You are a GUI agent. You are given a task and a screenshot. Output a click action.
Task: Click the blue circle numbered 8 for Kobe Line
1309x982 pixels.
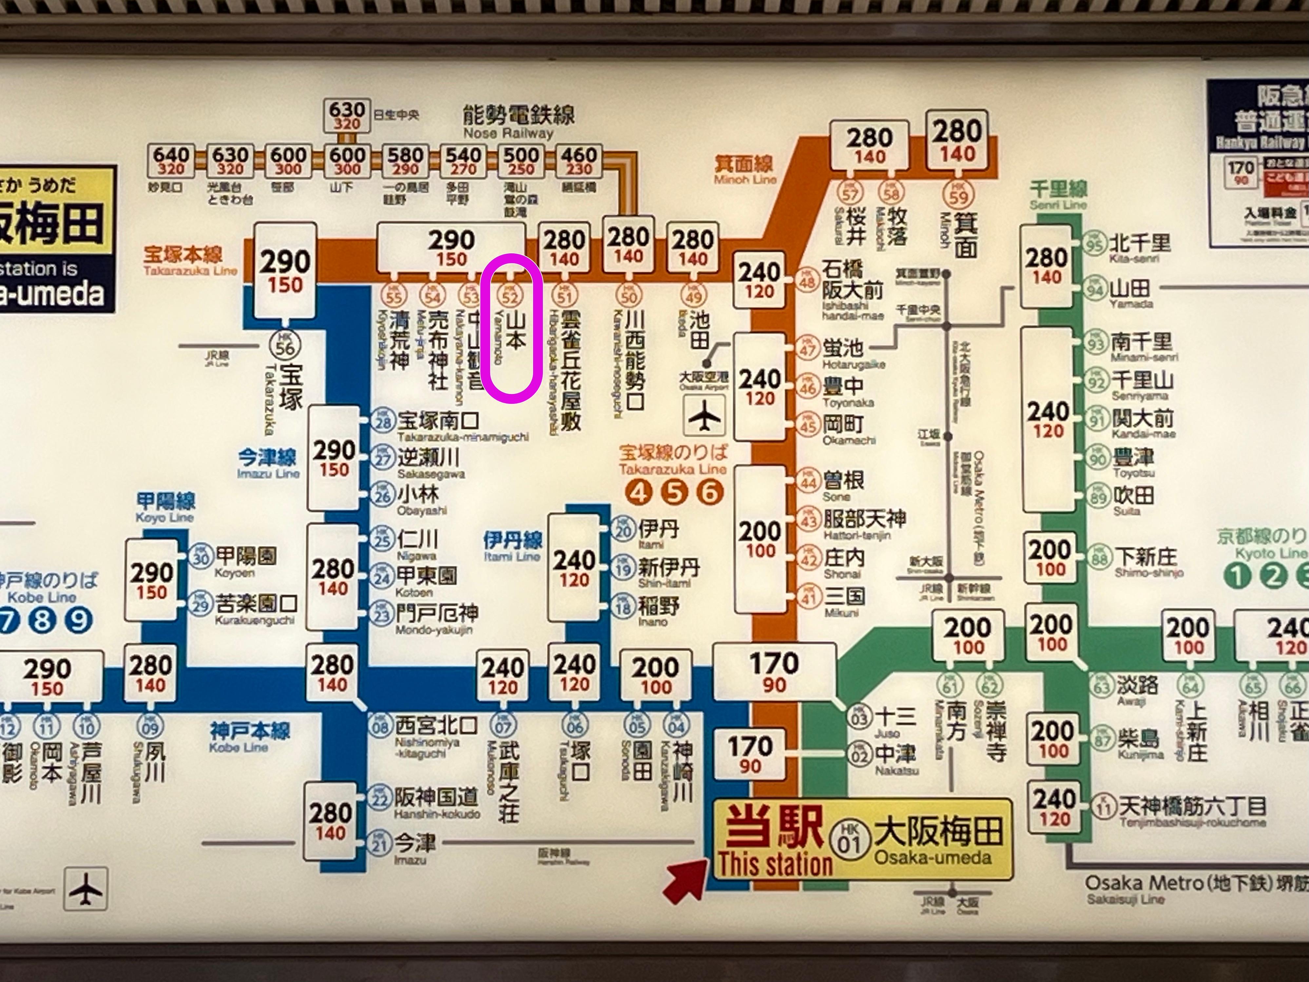tap(43, 620)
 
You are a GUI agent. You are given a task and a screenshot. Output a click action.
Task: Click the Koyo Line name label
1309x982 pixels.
tap(165, 507)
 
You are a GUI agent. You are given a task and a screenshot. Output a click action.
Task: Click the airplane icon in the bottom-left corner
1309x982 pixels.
tap(86, 889)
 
